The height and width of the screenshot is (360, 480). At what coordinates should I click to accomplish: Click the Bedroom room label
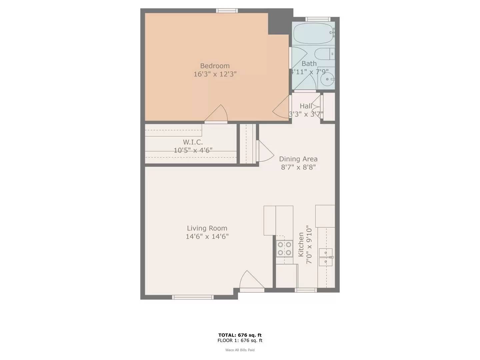click(x=215, y=66)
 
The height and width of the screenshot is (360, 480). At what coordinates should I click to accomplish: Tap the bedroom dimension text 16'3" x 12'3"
click(x=215, y=74)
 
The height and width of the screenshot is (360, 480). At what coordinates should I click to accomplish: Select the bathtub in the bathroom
click(x=313, y=33)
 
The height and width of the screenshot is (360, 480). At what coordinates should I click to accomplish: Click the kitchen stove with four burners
click(x=284, y=248)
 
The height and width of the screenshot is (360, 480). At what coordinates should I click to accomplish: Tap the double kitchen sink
click(x=325, y=257)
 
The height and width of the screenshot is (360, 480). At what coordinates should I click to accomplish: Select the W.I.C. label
click(x=193, y=142)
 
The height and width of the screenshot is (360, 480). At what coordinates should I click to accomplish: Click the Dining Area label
click(x=298, y=159)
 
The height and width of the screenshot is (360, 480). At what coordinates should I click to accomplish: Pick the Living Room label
click(x=207, y=228)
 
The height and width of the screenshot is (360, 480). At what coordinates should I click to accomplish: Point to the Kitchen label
click(x=301, y=245)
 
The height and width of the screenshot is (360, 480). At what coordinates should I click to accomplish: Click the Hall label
click(x=306, y=106)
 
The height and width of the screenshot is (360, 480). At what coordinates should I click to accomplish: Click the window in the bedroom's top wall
click(x=227, y=11)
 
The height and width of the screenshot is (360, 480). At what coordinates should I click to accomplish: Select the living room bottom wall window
click(x=193, y=297)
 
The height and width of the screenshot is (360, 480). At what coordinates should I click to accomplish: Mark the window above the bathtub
click(x=318, y=19)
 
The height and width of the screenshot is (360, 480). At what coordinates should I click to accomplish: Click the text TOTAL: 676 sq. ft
click(x=240, y=335)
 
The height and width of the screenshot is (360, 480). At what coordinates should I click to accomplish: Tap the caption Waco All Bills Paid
click(x=240, y=350)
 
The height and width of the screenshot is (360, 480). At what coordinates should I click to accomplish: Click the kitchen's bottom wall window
click(x=306, y=290)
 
